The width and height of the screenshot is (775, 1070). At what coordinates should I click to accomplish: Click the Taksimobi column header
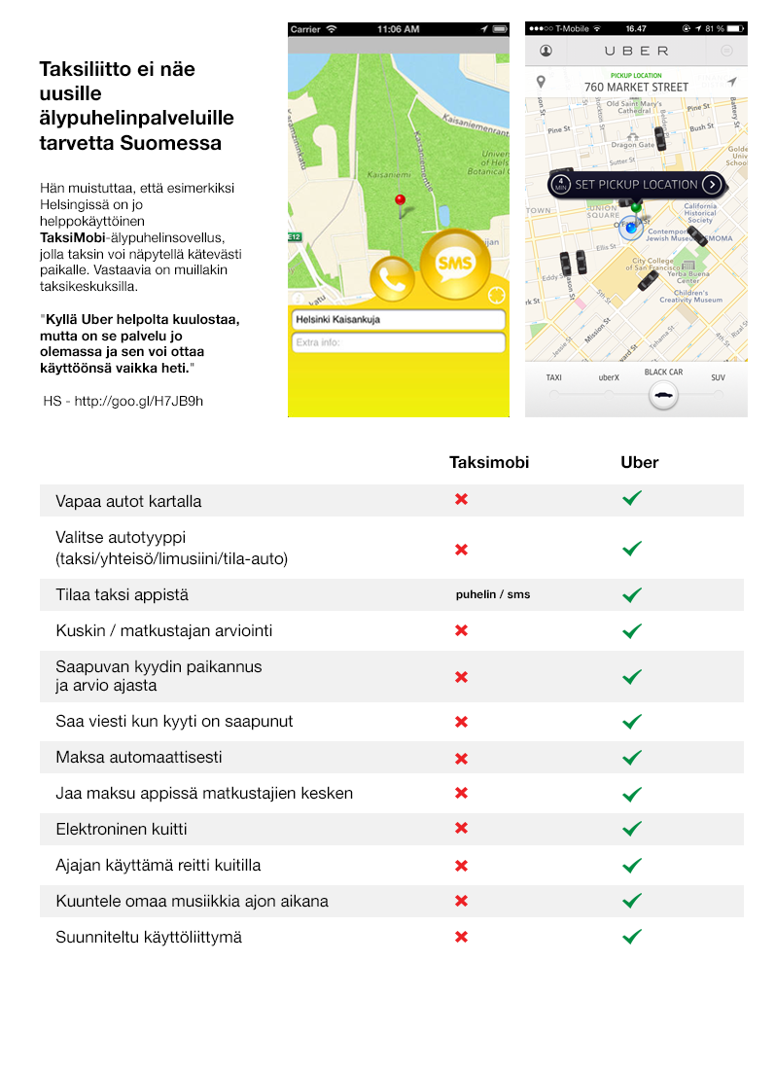click(x=488, y=462)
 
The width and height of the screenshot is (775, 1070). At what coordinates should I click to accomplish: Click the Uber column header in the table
click(x=639, y=462)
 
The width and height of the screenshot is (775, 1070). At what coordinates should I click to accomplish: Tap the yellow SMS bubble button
click(x=454, y=263)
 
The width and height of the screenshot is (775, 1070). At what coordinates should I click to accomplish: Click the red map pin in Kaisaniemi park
click(x=399, y=201)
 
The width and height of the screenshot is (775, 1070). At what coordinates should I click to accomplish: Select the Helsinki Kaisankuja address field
click(x=398, y=319)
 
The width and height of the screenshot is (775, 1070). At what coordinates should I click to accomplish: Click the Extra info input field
click(x=398, y=342)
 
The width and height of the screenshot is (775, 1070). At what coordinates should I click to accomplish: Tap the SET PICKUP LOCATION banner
click(x=637, y=184)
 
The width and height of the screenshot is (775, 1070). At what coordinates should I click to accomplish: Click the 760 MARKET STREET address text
click(x=636, y=87)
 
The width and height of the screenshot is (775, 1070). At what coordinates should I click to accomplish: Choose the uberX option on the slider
click(x=609, y=377)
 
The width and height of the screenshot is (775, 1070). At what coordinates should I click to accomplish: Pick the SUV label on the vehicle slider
click(x=718, y=377)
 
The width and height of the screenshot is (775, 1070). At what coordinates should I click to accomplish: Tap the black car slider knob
click(x=663, y=395)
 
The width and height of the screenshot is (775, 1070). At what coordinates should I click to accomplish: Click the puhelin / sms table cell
click(x=493, y=594)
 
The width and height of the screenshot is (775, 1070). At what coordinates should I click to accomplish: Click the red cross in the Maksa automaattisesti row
click(x=462, y=758)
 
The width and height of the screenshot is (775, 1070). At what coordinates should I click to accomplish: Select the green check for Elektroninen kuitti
click(x=632, y=829)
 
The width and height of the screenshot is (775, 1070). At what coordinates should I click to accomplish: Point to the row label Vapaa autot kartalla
click(x=128, y=501)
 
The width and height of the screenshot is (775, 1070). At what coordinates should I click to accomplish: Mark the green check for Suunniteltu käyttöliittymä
click(x=632, y=937)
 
